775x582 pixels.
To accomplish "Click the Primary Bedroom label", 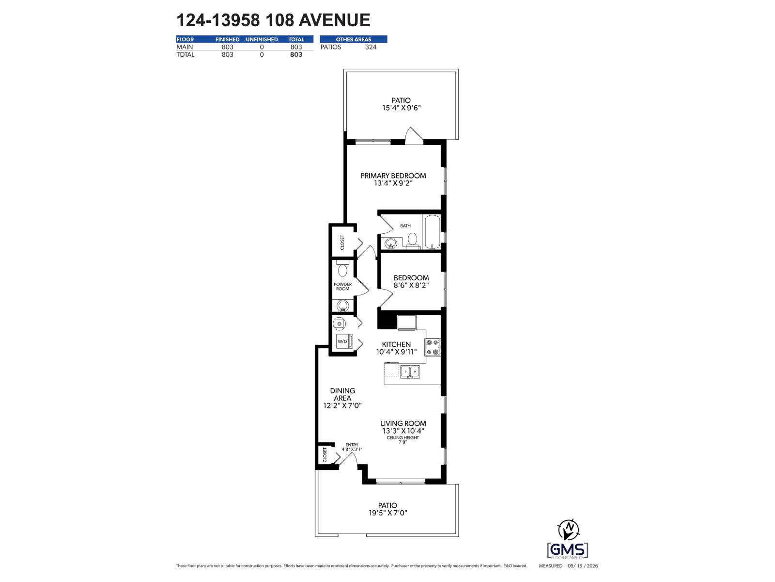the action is (393, 176).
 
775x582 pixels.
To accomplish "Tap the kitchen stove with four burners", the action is (432, 347).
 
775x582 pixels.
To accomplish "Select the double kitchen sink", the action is (410, 372).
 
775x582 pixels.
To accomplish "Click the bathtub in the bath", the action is (432, 232).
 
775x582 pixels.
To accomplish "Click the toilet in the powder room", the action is (342, 269).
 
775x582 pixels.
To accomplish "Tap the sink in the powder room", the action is (342, 306).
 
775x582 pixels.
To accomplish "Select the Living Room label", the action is (403, 423).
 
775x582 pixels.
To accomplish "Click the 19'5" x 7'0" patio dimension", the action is (387, 513).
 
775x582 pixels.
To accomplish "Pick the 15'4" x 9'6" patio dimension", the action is (401, 108).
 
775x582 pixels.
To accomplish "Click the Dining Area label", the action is (342, 394).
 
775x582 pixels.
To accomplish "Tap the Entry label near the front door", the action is (352, 445).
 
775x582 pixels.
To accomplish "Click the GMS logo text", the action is (567, 550).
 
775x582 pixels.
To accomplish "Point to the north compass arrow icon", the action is (569, 529).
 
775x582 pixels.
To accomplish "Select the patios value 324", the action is (371, 47).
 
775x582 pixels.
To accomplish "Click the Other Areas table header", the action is (354, 39).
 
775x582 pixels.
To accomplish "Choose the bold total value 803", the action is (296, 54).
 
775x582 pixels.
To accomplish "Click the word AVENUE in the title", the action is (334, 20).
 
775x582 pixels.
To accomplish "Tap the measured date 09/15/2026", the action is (583, 566).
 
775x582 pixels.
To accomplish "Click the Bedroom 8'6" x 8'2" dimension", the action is (411, 285).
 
